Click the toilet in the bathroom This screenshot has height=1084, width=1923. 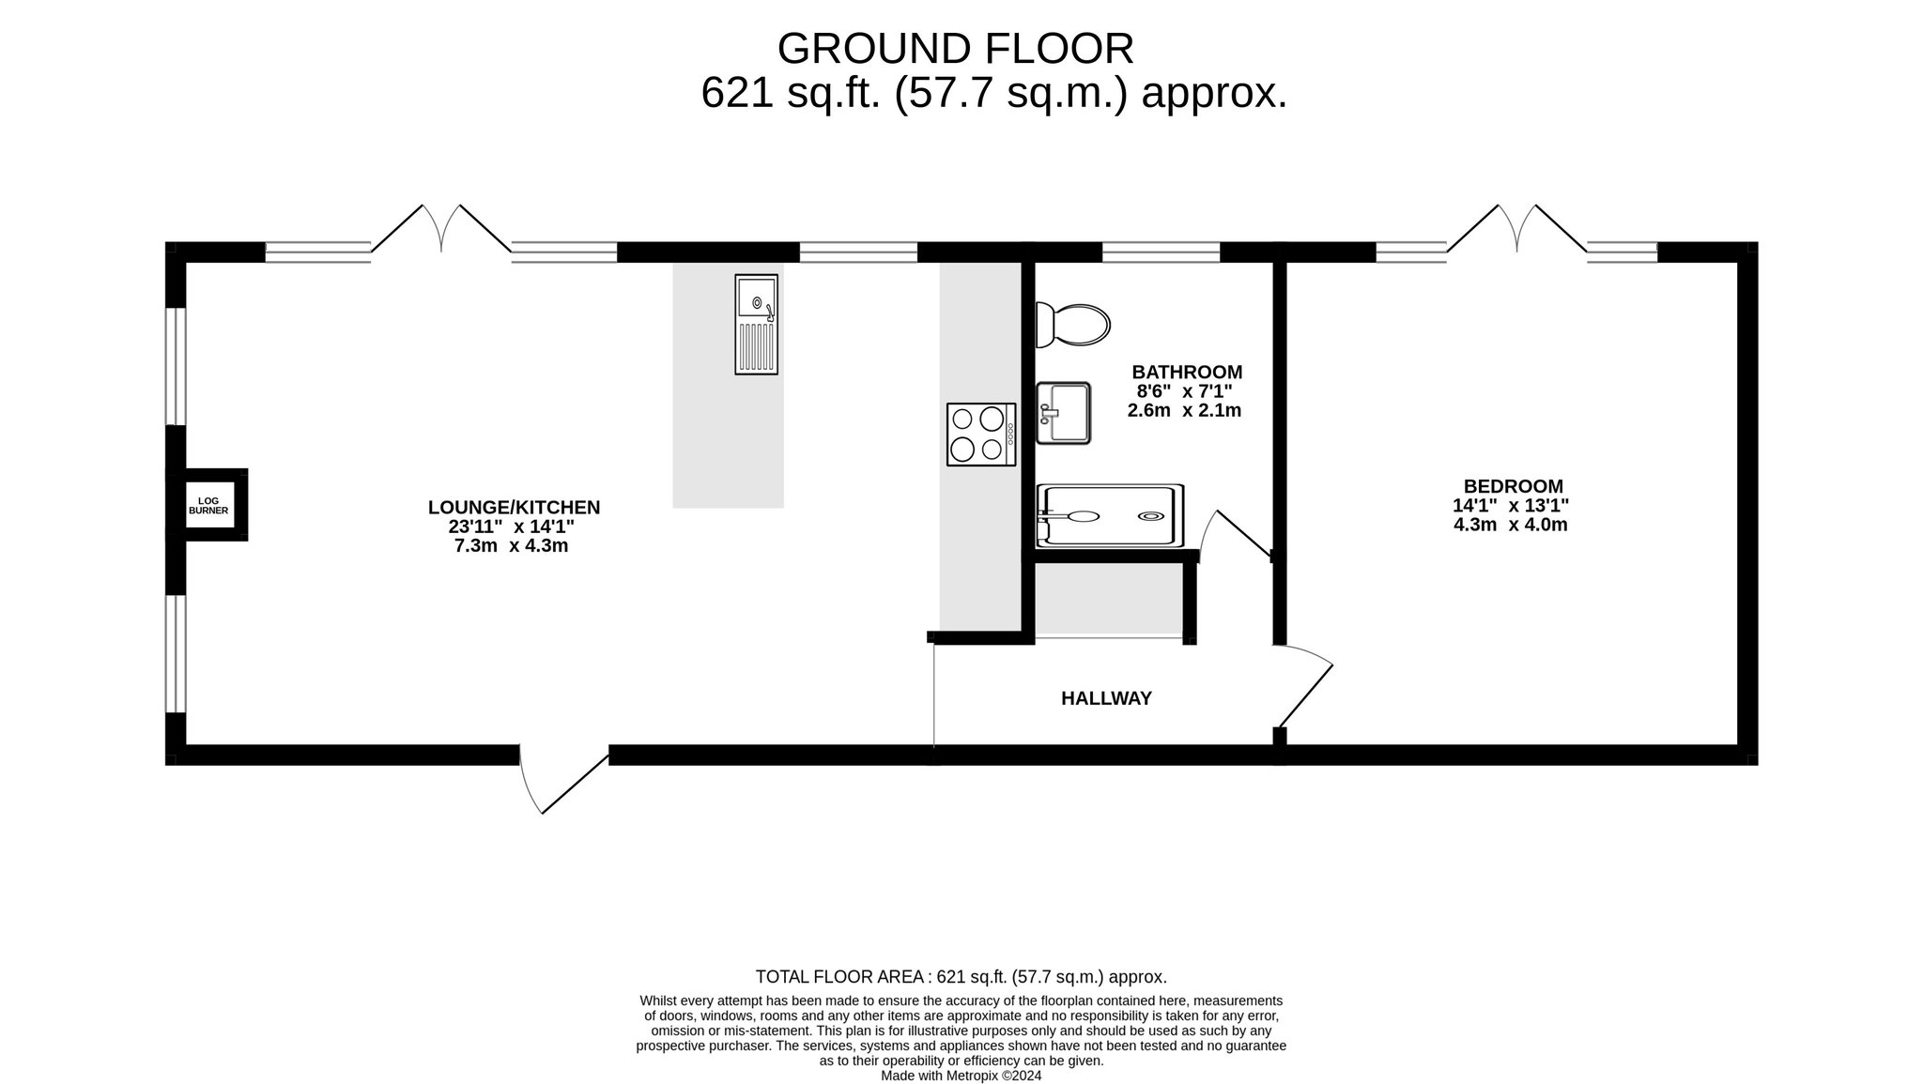(x=1072, y=325)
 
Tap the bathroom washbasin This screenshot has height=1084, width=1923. (x=1063, y=412)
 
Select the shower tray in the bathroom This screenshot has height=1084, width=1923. (x=1109, y=516)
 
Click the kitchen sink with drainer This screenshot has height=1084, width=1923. (x=757, y=325)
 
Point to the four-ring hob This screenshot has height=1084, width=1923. (x=981, y=434)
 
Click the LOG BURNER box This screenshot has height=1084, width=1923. (x=208, y=505)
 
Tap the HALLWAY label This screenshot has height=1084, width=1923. (x=1106, y=698)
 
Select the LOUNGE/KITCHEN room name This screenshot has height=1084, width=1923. (x=514, y=508)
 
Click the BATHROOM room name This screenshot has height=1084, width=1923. (x=1187, y=372)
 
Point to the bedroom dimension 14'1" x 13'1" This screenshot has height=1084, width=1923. (x=1511, y=505)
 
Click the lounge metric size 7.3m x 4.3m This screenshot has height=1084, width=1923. (x=511, y=545)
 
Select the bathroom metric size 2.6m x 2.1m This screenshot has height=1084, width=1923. (x=1184, y=410)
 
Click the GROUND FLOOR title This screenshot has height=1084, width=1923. (x=955, y=48)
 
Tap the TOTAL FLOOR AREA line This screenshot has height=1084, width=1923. (x=961, y=977)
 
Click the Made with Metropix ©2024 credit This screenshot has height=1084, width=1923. (x=961, y=1076)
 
